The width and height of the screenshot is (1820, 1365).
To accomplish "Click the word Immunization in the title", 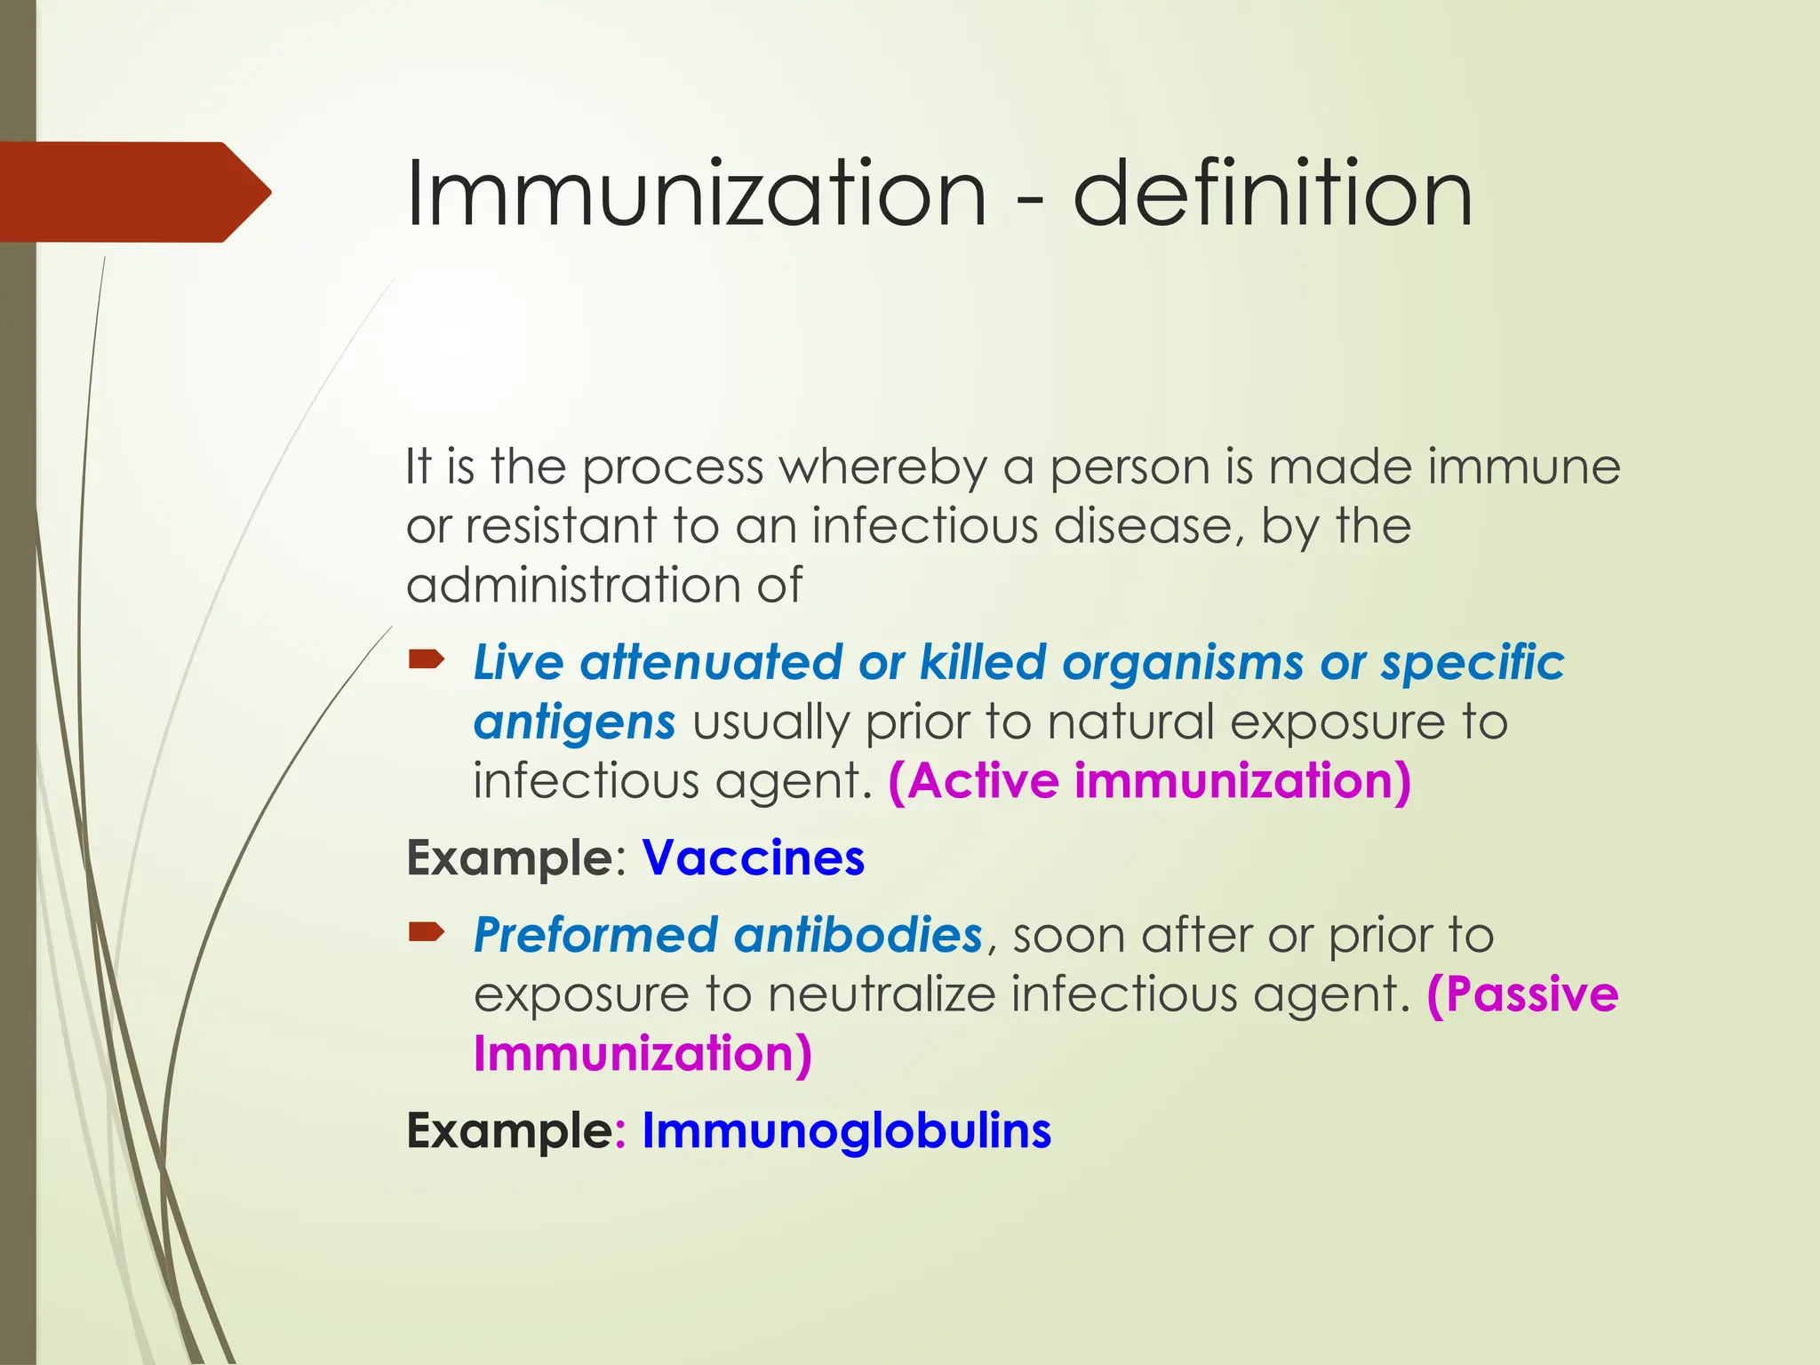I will (x=696, y=193).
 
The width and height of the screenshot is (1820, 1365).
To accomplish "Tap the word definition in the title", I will (x=1273, y=193).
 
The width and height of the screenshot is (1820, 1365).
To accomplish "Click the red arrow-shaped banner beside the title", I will (x=133, y=192).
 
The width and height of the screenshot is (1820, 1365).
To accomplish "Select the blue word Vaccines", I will (x=753, y=858).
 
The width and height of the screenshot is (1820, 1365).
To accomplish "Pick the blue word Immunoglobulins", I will (x=846, y=1131).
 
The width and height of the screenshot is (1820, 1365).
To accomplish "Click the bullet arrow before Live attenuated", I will (x=427, y=659).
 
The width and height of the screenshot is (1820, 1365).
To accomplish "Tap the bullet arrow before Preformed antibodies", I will (x=427, y=931).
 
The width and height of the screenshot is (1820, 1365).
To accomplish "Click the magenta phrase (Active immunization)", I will (x=1150, y=781).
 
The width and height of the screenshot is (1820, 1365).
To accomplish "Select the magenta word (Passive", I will (x=1522, y=994).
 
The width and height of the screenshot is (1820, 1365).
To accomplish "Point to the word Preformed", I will (x=595, y=935).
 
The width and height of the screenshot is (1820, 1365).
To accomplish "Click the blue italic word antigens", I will (x=574, y=722).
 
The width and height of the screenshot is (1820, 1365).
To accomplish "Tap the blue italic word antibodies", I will (x=858, y=935).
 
